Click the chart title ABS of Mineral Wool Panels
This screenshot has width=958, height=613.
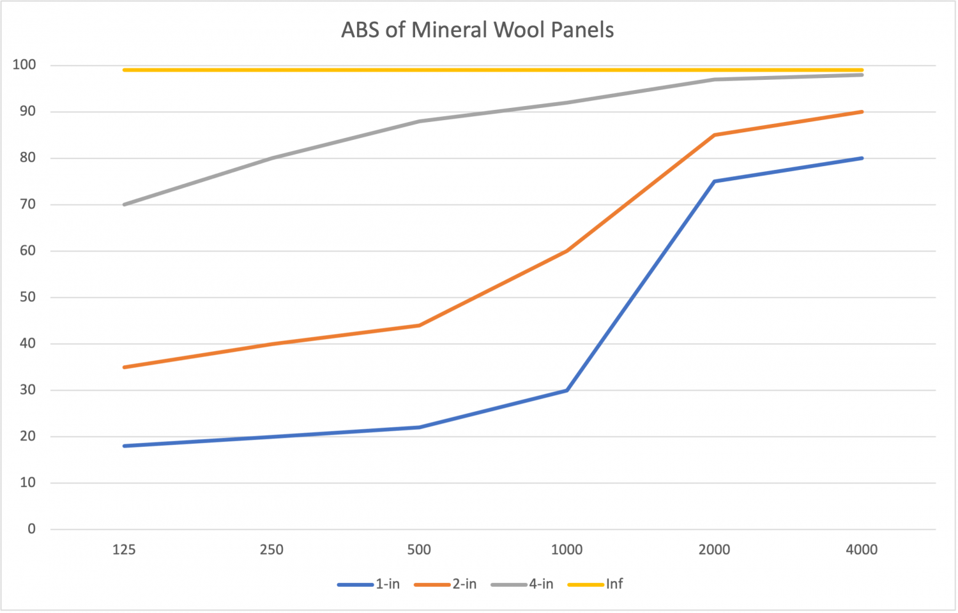tap(478, 30)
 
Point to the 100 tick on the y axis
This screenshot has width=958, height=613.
tap(24, 64)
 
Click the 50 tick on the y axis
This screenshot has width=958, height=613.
tap(27, 297)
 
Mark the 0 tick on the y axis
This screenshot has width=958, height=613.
tap(31, 529)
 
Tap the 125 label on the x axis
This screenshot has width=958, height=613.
tap(124, 549)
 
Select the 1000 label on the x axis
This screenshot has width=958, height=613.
tap(566, 549)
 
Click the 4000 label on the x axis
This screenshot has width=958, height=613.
tap(862, 549)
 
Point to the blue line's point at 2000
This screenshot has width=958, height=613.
tap(714, 181)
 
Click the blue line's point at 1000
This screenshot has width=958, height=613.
tap(566, 390)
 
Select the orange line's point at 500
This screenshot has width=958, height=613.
tap(419, 325)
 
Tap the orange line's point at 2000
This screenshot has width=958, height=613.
tap(714, 135)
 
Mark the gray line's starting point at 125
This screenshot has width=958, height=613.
tap(124, 204)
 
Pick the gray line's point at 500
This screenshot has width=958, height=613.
tap(419, 121)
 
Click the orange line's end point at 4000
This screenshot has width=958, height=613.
tap(862, 112)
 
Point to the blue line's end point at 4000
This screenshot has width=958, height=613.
tap(862, 158)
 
